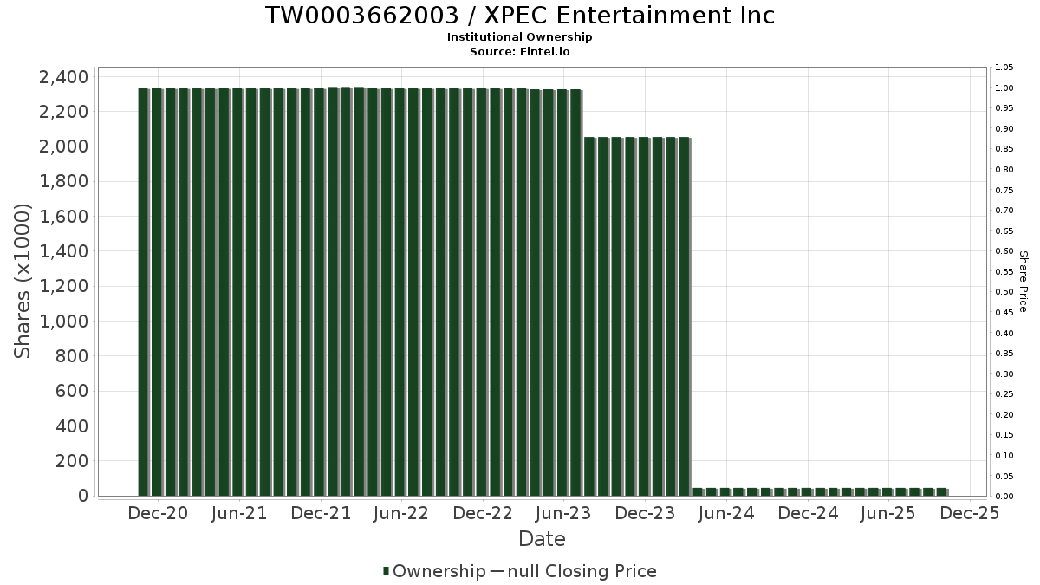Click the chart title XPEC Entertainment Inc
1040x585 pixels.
[520, 16]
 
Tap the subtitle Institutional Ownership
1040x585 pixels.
[520, 37]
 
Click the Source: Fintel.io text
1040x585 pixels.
[520, 52]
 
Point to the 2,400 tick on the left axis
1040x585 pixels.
[63, 77]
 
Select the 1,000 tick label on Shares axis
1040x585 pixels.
[63, 322]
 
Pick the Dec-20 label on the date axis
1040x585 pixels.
[158, 513]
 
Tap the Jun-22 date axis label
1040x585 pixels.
[400, 513]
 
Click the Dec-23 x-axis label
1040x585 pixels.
[644, 513]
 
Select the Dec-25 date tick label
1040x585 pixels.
[970, 513]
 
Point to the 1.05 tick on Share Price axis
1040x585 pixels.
[1004, 68]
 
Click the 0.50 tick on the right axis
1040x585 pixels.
[1004, 292]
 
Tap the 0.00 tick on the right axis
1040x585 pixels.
[1004, 497]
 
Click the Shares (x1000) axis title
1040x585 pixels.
[23, 281]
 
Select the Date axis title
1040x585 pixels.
[542, 539]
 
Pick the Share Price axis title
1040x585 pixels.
[1023, 282]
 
